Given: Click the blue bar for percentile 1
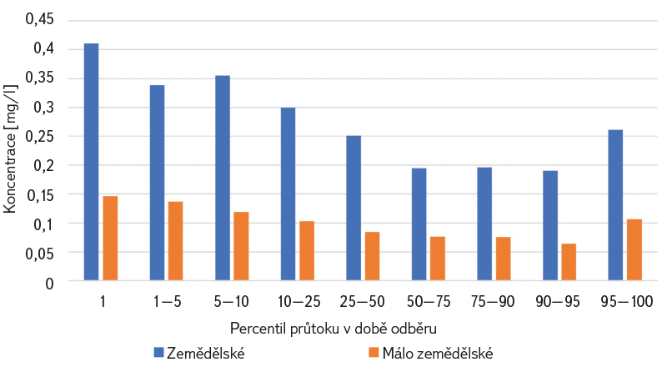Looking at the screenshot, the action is click(92, 162).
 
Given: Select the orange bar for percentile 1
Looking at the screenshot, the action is click(111, 239).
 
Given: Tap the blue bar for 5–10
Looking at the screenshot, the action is click(223, 178).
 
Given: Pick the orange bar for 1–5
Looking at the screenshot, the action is click(176, 241).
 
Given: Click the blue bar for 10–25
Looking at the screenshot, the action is click(288, 194).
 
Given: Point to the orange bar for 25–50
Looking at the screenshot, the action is click(372, 256).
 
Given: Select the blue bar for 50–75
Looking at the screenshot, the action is click(419, 224).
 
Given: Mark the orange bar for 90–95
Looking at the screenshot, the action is click(569, 262).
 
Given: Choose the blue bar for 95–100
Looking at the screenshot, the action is click(615, 205).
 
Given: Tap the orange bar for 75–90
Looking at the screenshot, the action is click(504, 259).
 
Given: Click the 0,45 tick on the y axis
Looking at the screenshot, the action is click(39, 19).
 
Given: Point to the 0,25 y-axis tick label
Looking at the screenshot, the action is click(39, 137).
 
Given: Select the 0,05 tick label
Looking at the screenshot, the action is click(39, 254).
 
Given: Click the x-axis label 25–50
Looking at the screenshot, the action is click(363, 301).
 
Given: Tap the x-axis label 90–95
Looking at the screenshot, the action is click(558, 301).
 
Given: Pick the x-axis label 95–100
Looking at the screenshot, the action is click(627, 301).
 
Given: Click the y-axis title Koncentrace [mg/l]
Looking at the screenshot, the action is click(10, 148).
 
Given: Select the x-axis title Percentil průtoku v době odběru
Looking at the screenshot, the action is click(333, 329).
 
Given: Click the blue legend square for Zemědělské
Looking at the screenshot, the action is click(158, 353).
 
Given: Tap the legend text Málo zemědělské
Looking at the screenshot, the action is click(438, 354).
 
